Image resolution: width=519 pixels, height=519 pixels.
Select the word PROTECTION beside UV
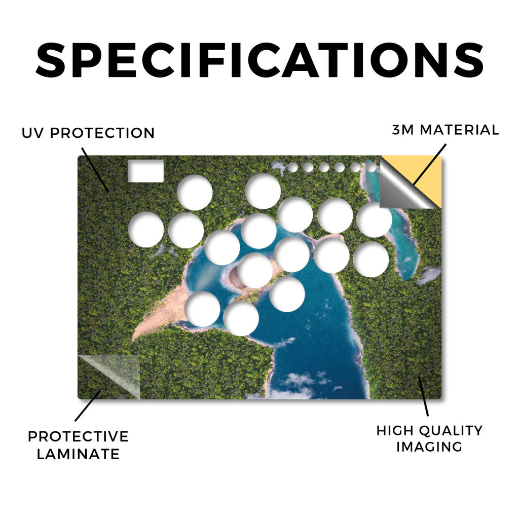(x=102, y=133)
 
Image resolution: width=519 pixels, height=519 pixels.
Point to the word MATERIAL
(x=459, y=130)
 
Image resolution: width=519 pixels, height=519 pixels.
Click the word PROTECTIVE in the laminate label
(x=79, y=436)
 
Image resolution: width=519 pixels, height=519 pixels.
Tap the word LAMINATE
(x=78, y=454)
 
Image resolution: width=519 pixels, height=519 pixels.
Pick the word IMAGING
(x=429, y=447)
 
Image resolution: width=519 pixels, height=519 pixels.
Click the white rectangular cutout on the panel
(x=145, y=171)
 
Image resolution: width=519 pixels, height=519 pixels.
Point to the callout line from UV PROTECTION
(x=95, y=170)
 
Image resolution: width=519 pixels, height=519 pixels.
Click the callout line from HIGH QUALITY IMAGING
(x=423, y=396)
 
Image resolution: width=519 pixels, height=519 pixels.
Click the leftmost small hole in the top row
(x=292, y=167)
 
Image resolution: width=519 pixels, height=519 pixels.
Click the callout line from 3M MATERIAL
(x=430, y=165)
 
